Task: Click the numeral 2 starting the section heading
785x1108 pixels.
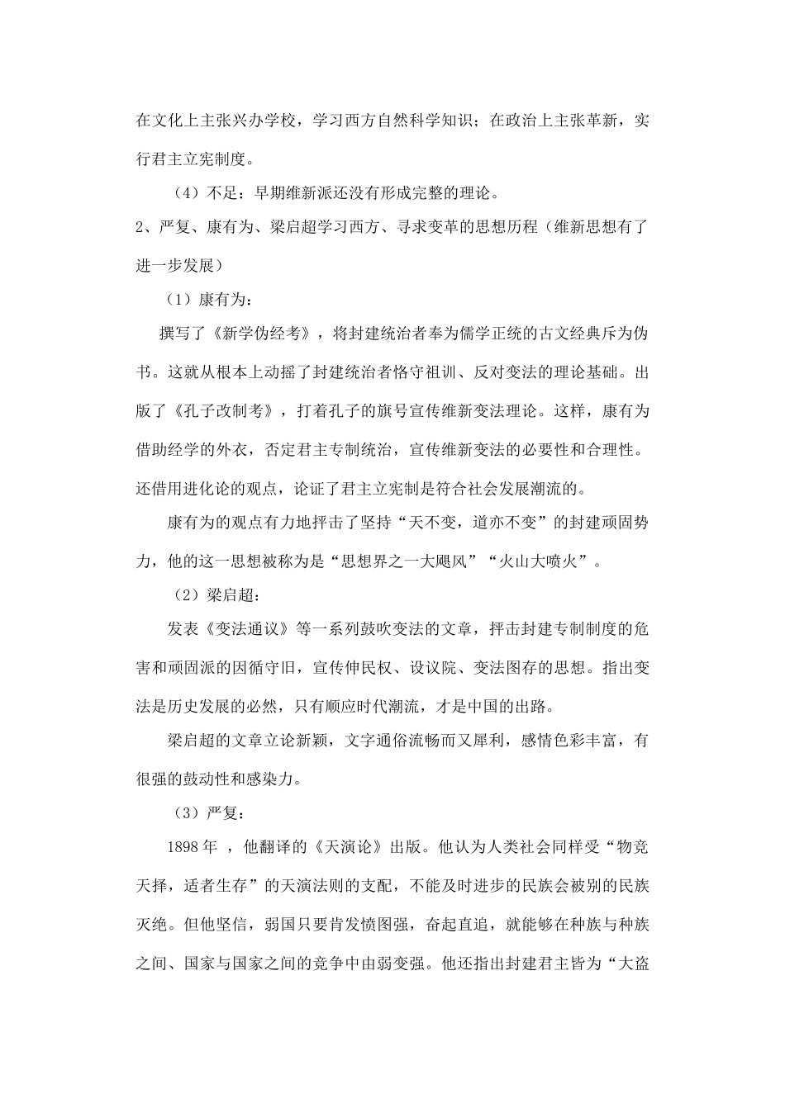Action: pos(140,229)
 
